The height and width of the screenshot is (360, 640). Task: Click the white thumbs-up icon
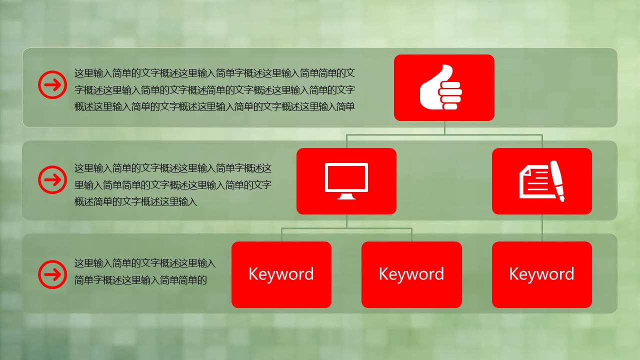[x=440, y=88]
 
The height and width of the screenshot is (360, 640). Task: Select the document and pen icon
[x=542, y=181]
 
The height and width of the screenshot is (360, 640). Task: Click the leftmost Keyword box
[x=281, y=274]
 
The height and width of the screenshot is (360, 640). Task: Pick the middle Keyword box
[x=411, y=274]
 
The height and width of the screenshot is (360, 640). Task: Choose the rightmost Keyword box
[x=541, y=274]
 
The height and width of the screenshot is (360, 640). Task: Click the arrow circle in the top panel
[x=52, y=84]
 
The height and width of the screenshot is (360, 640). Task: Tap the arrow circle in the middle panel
[x=52, y=179]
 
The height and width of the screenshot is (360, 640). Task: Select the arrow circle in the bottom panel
[x=52, y=274]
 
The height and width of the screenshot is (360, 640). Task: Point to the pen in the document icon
[x=557, y=180]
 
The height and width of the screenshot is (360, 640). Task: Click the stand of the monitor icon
[x=346, y=196]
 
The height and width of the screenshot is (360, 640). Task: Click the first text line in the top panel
[x=214, y=73]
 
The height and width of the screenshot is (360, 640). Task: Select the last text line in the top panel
[x=214, y=106]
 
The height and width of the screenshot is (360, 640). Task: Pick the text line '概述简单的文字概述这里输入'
[x=135, y=202]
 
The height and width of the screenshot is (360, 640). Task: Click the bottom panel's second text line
[x=140, y=280]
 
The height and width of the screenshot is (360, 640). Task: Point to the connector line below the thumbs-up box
[x=444, y=128]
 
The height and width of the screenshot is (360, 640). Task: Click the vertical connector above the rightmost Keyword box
[x=542, y=228]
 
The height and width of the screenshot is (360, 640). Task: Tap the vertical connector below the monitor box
[x=346, y=221]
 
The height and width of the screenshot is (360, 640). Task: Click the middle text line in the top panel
[x=214, y=90]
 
